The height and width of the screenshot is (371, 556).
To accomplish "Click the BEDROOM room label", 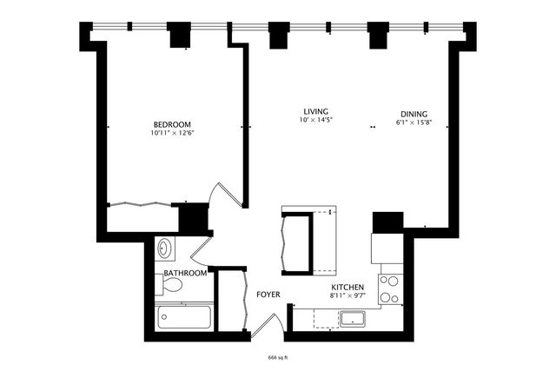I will coord(171,123).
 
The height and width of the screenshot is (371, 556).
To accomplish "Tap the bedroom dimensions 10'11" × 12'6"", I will coord(171,133).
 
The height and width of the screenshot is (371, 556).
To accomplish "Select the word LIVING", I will coord(315,110).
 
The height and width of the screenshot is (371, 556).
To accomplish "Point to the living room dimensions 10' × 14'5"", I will coord(315,120).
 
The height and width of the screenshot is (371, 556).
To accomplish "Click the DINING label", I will coord(414,114).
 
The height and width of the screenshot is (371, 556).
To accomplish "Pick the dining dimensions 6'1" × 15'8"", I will coord(414,123).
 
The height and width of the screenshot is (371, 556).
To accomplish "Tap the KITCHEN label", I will coord(347,287).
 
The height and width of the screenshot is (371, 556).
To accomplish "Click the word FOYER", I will coord(268,295).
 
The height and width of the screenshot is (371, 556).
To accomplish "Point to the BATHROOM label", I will coord(186,273).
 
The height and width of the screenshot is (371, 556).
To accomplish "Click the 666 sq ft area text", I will coord(278,357).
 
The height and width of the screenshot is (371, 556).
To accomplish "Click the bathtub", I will coord(185,318).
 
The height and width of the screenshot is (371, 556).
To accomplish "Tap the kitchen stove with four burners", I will coord(389,289).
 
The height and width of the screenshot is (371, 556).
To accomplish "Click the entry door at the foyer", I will coord(270,323).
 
